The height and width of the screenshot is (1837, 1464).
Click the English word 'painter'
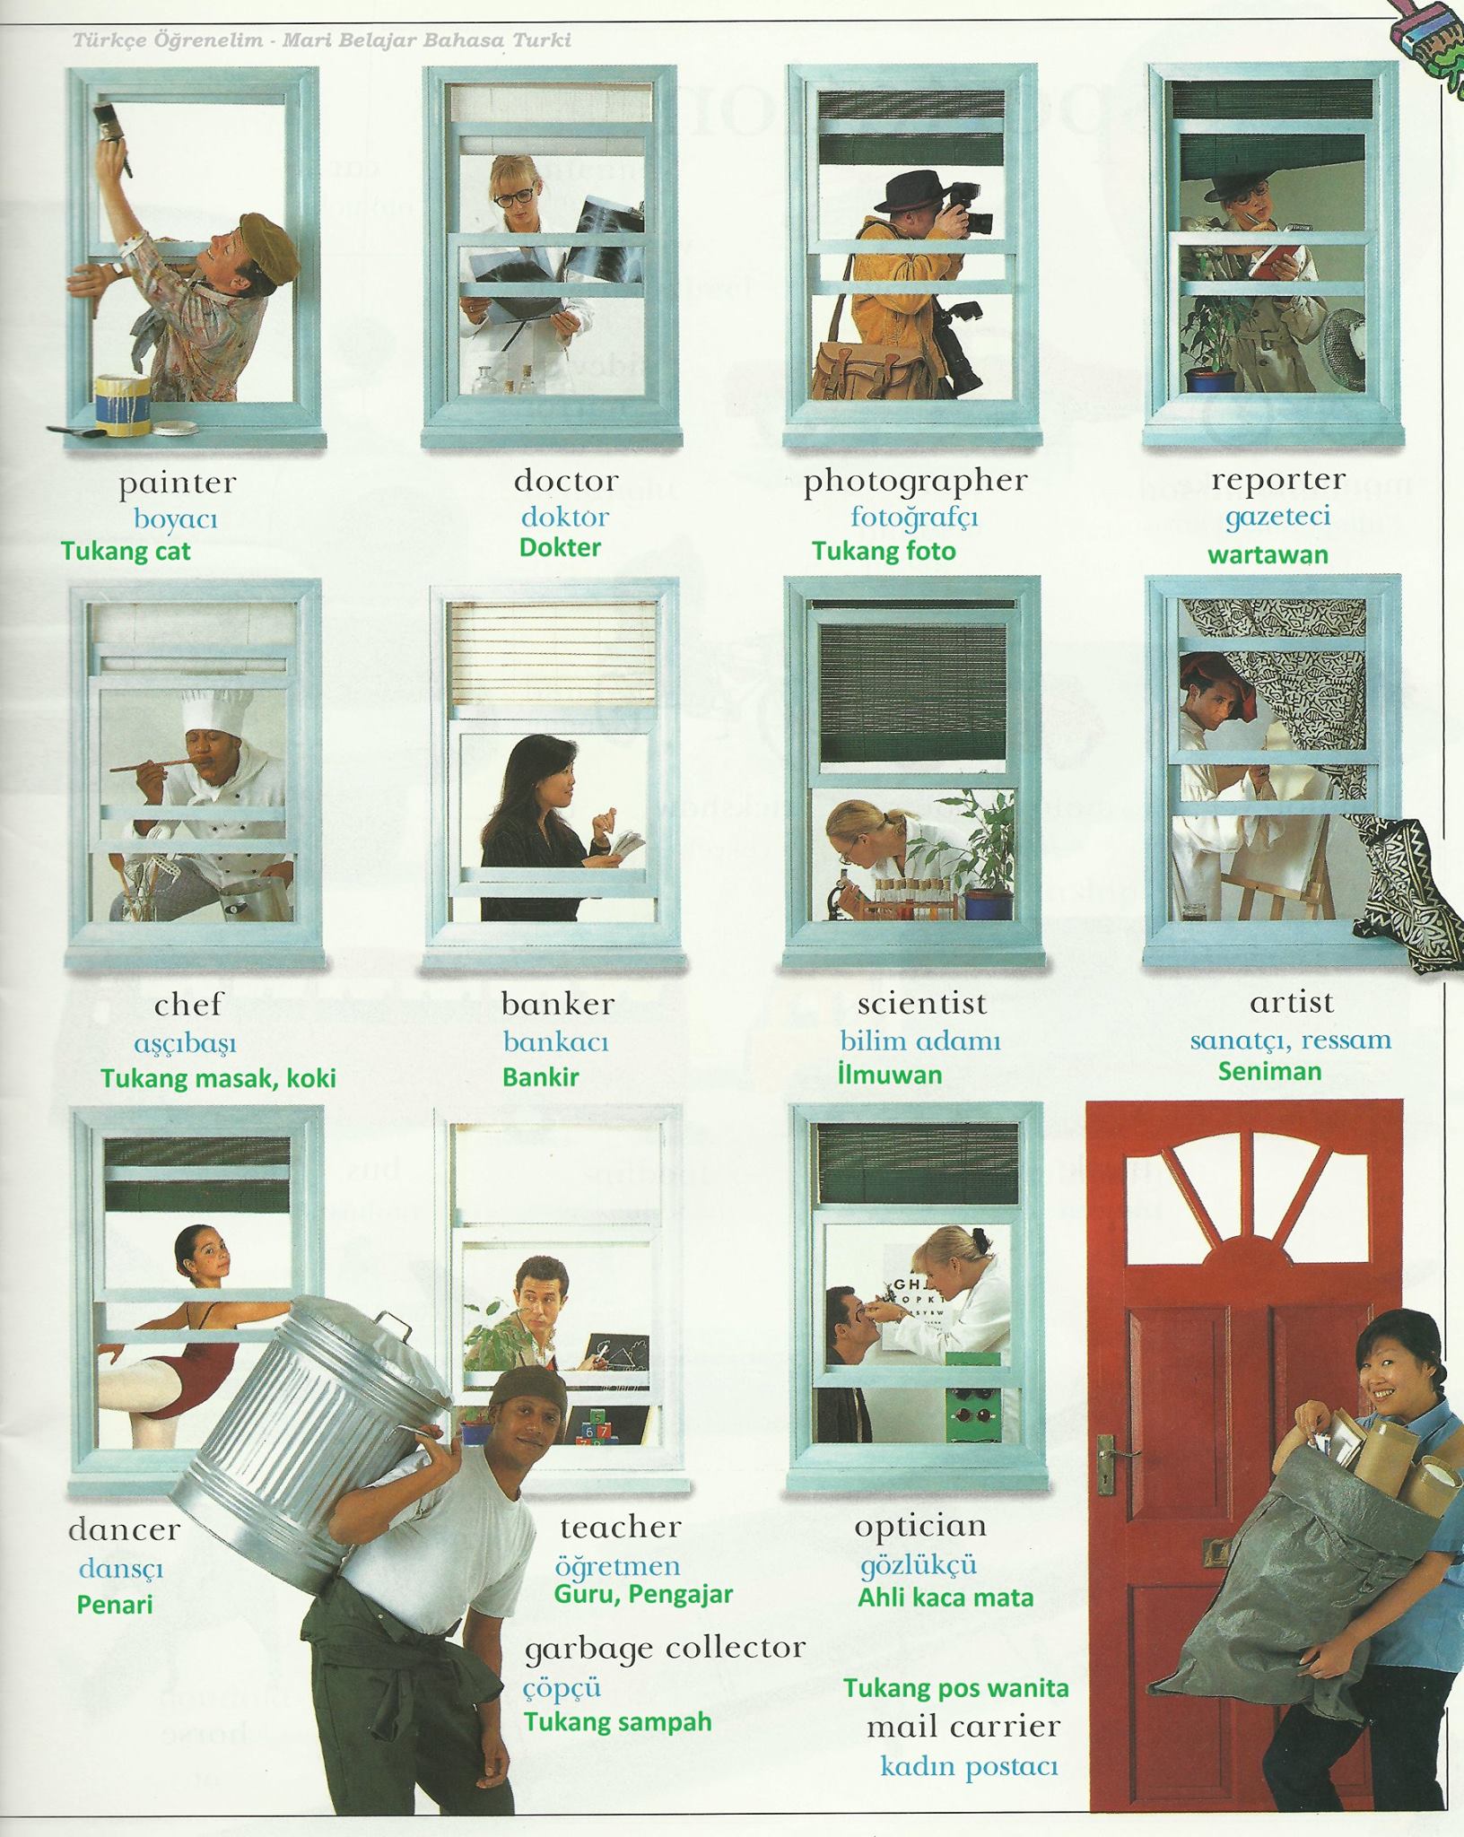click(x=178, y=484)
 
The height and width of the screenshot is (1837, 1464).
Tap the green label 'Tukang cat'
click(x=126, y=551)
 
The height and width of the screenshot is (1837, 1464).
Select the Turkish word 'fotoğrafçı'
click(x=914, y=518)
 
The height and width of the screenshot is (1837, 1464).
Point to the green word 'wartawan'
click(x=1268, y=554)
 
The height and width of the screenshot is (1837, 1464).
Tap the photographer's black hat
click(x=911, y=190)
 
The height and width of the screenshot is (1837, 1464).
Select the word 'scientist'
click(x=921, y=1003)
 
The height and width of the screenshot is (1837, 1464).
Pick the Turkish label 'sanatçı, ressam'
click(x=1291, y=1041)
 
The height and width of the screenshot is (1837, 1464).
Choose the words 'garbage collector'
click(x=665, y=1648)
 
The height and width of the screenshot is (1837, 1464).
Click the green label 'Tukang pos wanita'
click(x=956, y=1688)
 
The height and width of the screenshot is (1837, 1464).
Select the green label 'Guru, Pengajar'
click(x=643, y=1594)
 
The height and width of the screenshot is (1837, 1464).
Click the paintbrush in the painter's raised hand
click(x=114, y=135)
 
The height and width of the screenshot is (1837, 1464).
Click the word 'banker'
click(x=558, y=1004)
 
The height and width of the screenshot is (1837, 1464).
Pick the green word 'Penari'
click(x=115, y=1604)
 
